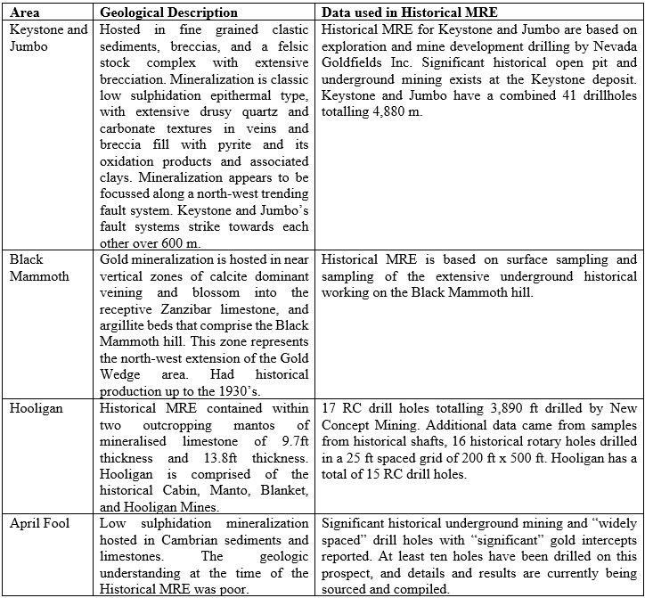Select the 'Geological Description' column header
coord(168,12)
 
